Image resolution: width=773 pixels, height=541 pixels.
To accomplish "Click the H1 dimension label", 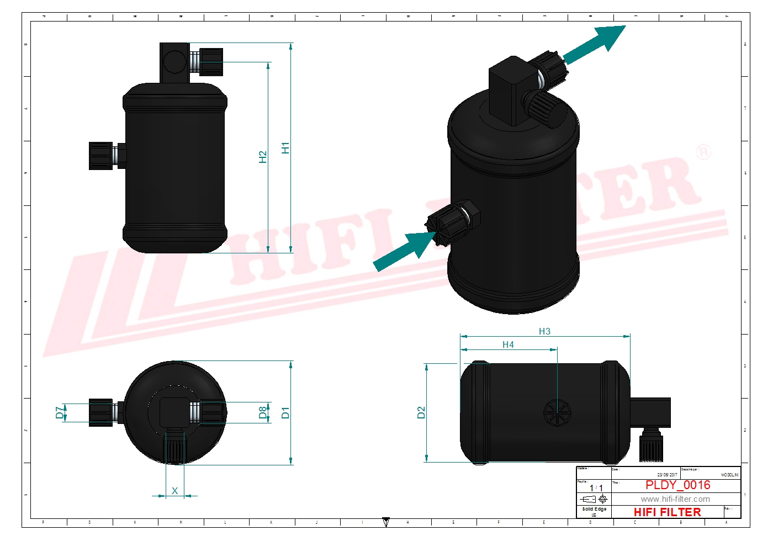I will tap(285, 148).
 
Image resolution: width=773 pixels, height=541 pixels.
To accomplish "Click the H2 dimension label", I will tap(263, 157).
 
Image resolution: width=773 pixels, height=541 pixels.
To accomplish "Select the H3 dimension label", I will tap(544, 331).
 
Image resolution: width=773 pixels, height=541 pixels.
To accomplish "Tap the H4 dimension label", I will tap(508, 344).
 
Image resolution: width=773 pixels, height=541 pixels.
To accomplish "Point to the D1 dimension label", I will tap(285, 412).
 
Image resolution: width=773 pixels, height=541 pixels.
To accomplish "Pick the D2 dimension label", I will tap(421, 412).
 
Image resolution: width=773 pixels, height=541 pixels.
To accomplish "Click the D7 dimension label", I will tap(60, 412).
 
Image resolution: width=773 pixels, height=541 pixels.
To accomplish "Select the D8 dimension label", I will tap(263, 412).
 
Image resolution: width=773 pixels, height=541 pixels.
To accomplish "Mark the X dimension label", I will tap(174, 491).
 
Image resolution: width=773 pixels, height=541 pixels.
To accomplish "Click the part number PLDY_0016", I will tap(677, 485).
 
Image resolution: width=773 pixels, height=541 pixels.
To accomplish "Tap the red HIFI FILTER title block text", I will tap(667, 512).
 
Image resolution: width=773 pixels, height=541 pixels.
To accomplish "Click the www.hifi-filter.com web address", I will tap(675, 499).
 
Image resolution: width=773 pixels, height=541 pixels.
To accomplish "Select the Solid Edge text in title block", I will tap(594, 509).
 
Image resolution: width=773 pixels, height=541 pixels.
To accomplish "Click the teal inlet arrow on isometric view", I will tap(403, 251).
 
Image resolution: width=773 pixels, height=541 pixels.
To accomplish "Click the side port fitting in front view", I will tap(102, 156).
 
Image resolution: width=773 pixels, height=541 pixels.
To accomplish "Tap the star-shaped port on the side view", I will tap(558, 412).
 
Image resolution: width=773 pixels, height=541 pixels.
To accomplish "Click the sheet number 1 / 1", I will tap(596, 488).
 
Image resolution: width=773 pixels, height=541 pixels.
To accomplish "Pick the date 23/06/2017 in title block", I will tap(667, 475).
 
